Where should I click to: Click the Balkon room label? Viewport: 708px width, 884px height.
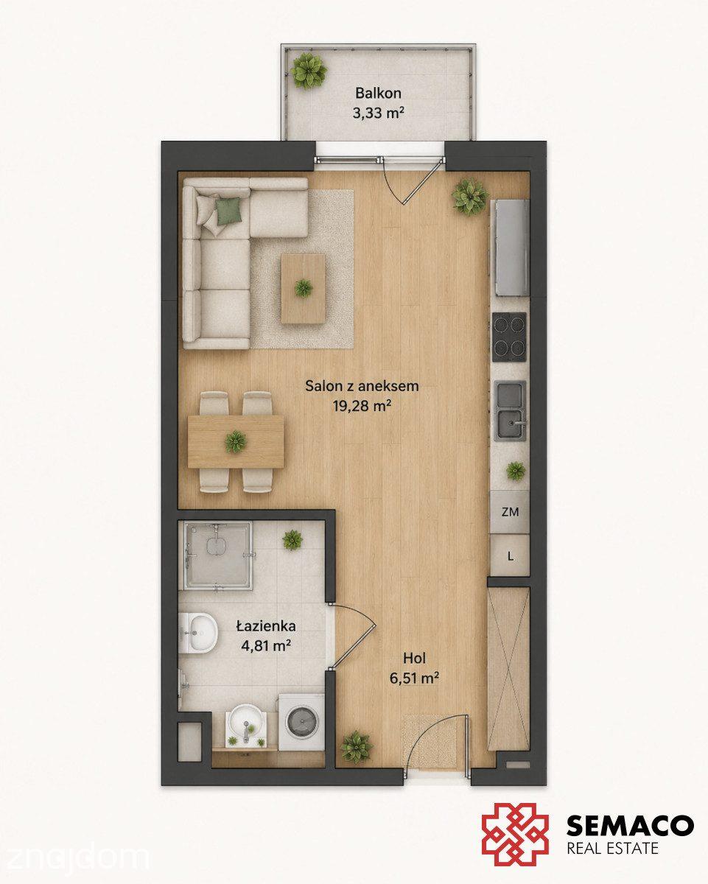[x=378, y=94]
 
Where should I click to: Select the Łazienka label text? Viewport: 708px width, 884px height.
[x=266, y=626]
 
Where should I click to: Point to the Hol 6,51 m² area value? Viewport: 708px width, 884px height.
[x=414, y=678]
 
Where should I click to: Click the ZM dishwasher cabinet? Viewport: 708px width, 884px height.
[x=510, y=512]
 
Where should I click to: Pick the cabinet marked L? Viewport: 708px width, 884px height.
[x=510, y=556]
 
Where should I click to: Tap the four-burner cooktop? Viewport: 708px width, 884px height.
[x=510, y=337]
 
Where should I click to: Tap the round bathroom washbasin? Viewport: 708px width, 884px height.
[x=246, y=722]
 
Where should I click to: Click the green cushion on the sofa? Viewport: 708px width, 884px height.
[x=229, y=211]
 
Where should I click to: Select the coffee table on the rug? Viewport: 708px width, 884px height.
[x=304, y=288]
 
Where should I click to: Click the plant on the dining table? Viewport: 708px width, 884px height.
[x=236, y=442]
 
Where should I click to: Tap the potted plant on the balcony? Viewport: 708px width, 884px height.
[x=309, y=71]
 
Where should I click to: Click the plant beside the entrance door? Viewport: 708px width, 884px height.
[x=357, y=747]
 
